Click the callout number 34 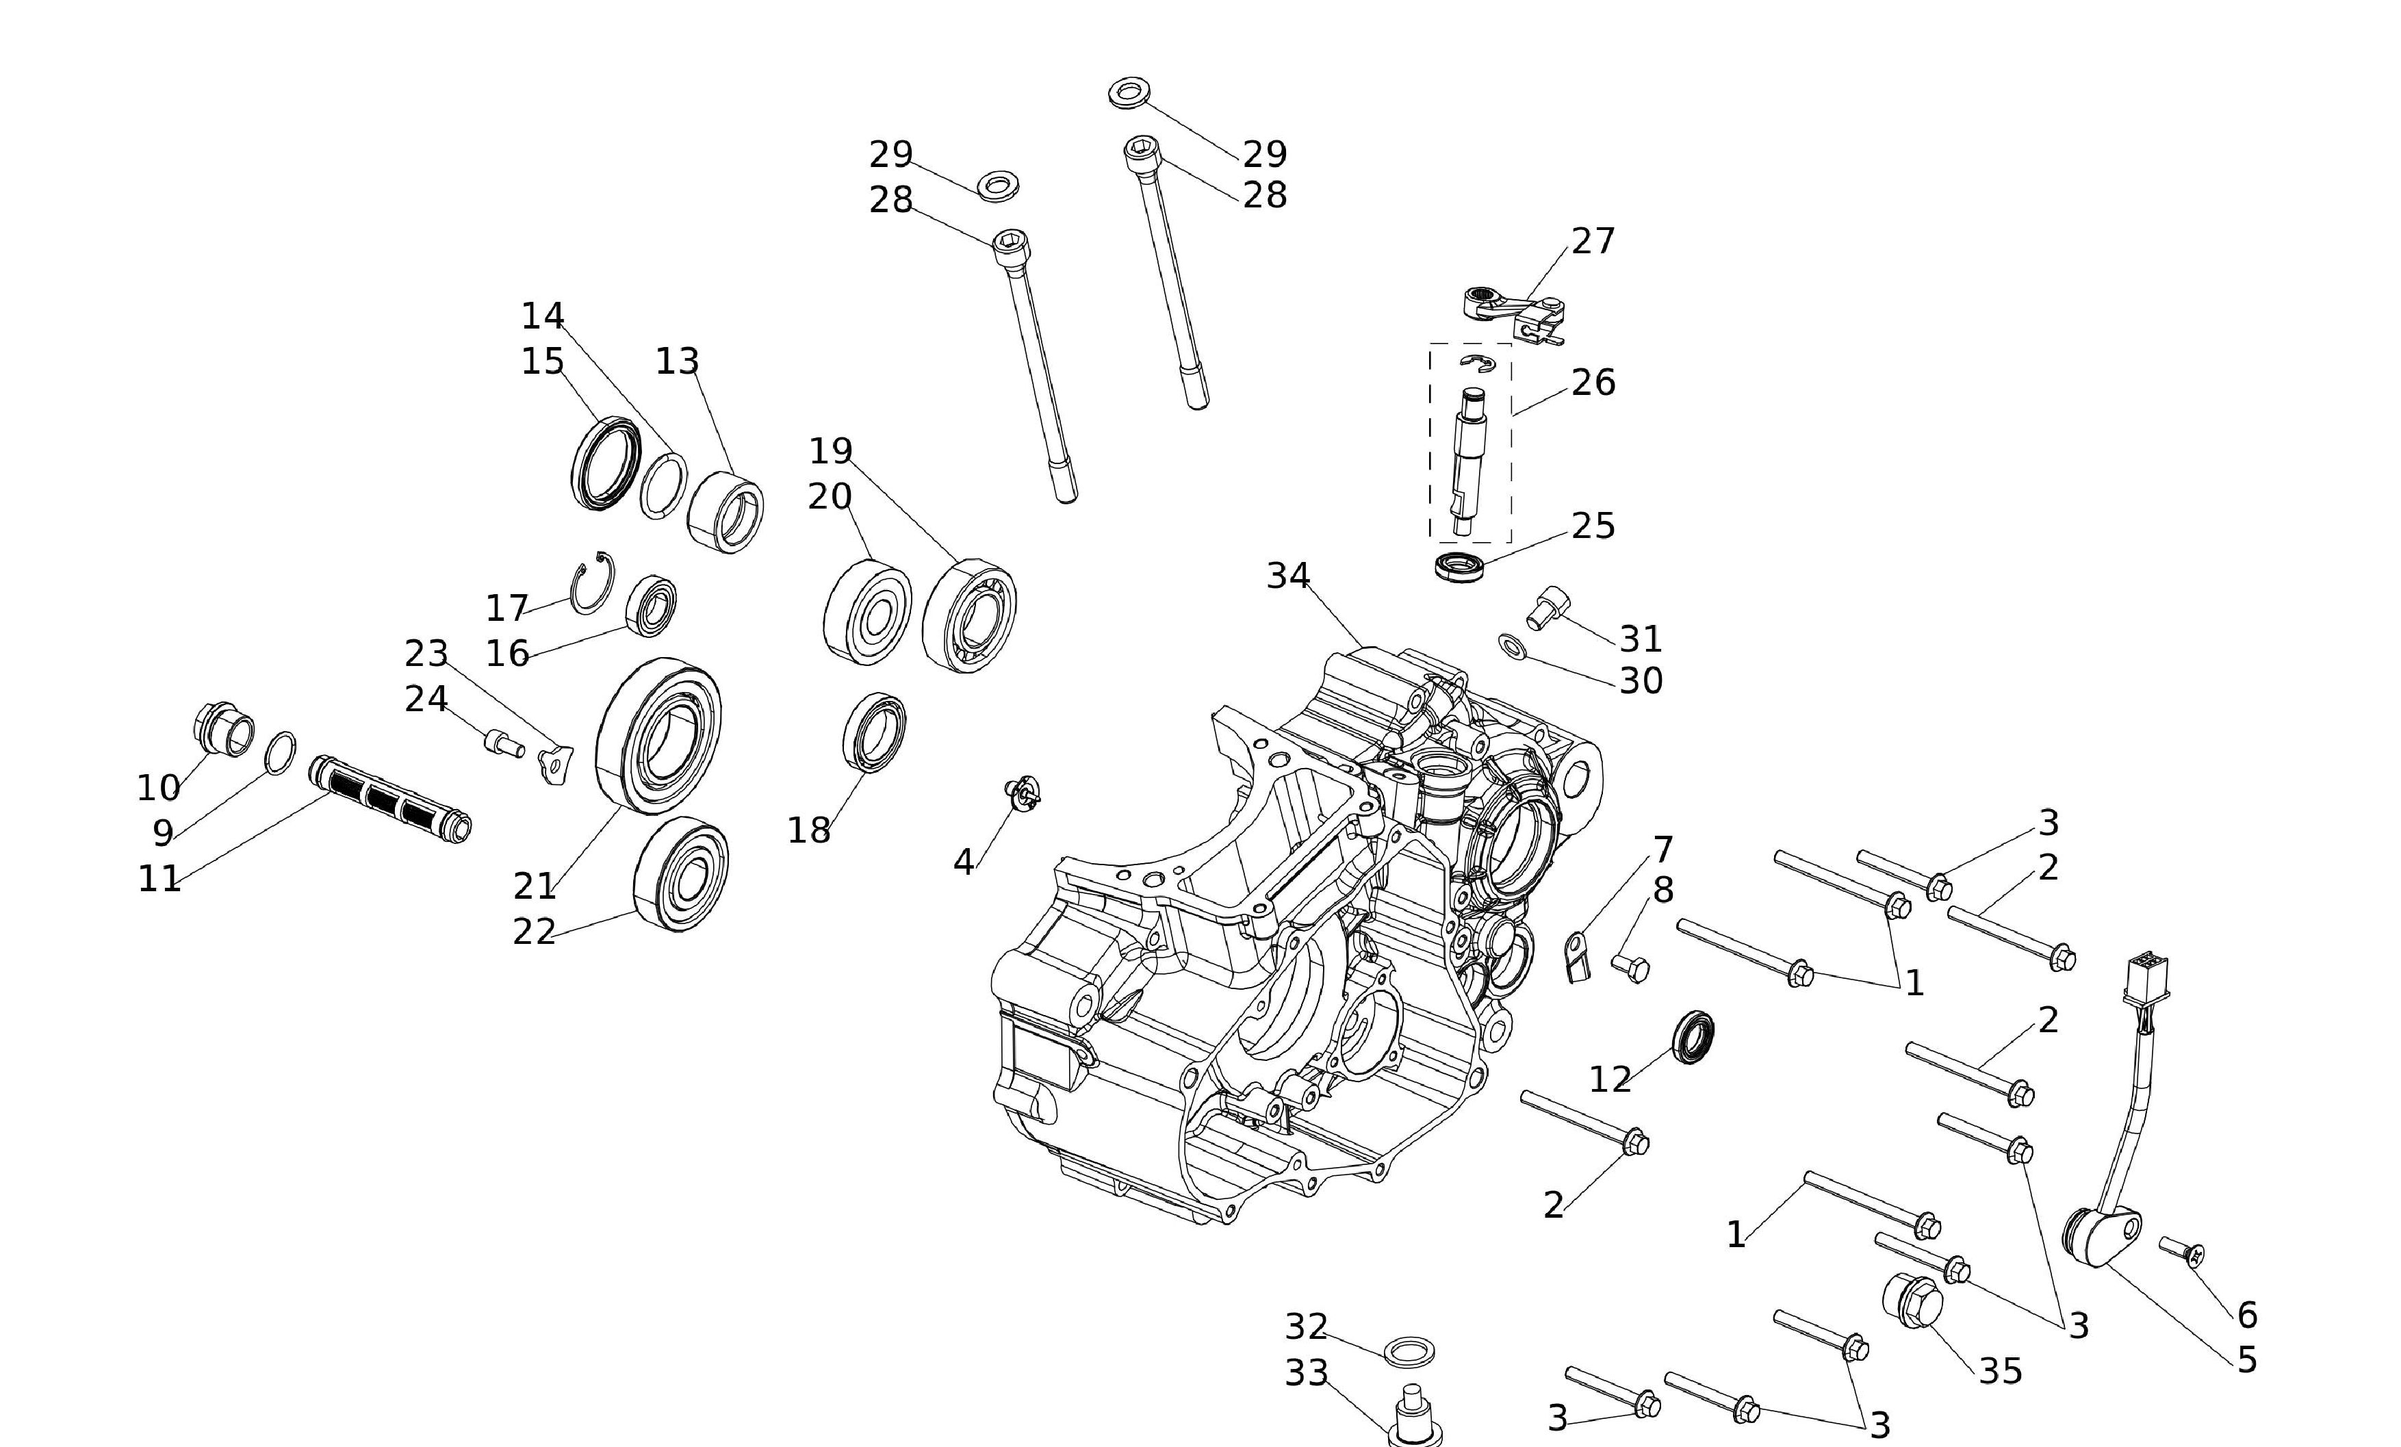[1287, 576]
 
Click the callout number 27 [1593, 241]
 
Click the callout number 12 [1610, 1079]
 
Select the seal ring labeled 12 [1693, 1037]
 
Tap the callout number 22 [534, 932]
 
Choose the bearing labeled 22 [681, 873]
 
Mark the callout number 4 [963, 861]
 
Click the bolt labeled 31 [1548, 607]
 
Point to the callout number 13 [677, 361]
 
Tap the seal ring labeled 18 [874, 731]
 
